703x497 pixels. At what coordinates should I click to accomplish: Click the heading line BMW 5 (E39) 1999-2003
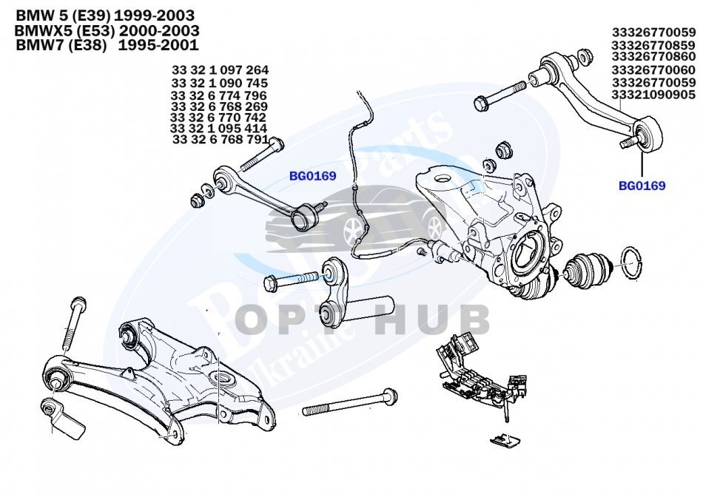coord(105,16)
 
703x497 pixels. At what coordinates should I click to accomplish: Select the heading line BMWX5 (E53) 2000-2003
coord(107,31)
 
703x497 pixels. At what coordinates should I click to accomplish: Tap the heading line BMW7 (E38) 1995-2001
coord(107,46)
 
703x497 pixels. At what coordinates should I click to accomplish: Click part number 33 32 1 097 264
coord(220,71)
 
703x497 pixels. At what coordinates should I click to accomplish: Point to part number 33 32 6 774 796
coord(219,95)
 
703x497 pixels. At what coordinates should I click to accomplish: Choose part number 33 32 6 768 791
coord(220,139)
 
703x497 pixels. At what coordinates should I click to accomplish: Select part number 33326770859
coord(653,45)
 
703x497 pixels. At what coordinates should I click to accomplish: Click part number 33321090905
coord(653,95)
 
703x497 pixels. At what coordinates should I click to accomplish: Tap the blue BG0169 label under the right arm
coord(642,186)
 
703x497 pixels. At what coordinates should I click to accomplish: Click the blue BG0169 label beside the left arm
coord(312,176)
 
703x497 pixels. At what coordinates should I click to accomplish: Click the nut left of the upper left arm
coord(198,200)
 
